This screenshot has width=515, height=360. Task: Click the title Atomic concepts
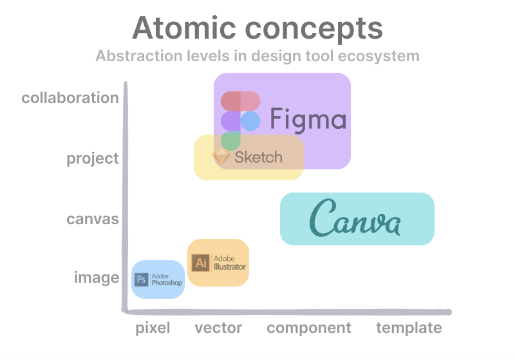point(257,28)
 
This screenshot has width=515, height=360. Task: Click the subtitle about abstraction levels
point(257,56)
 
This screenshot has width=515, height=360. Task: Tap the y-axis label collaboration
point(70,98)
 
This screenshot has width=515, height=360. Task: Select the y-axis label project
point(93,158)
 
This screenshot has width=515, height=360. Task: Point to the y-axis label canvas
point(93,219)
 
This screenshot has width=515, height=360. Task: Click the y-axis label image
point(97,278)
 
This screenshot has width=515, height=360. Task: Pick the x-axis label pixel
point(153,328)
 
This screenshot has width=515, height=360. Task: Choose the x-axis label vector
point(218,328)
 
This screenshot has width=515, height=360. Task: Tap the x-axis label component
point(309,328)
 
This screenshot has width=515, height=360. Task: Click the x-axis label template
point(409,328)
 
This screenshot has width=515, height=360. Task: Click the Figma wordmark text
point(308,120)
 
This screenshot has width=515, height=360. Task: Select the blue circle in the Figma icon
point(250,121)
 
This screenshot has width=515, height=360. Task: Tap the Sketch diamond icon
point(221,156)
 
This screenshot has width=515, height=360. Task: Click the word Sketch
point(258,157)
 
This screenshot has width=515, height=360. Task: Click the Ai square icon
point(201,262)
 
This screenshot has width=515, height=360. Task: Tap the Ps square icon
point(141,279)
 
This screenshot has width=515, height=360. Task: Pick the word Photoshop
point(167,283)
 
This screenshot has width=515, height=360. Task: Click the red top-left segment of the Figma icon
point(230,102)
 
